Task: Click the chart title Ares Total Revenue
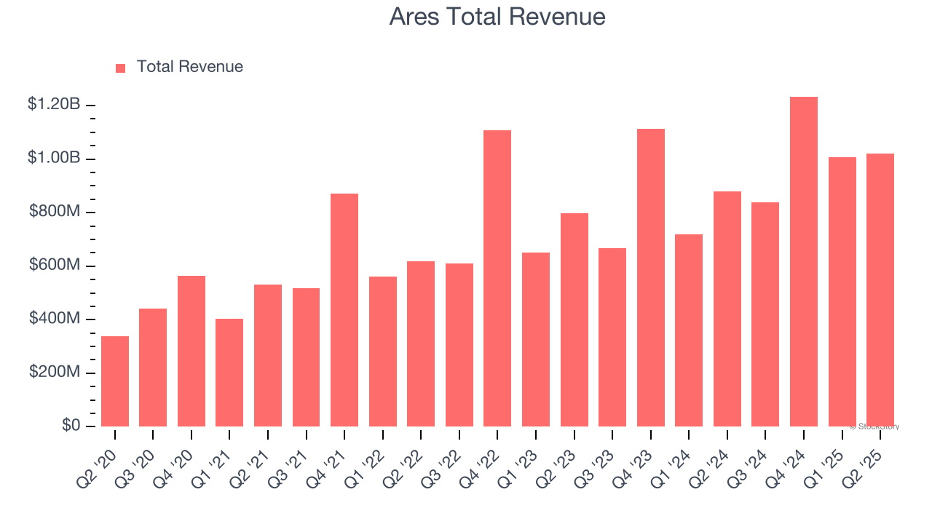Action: (x=497, y=16)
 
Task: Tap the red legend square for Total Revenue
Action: (x=121, y=68)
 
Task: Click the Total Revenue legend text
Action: (x=189, y=67)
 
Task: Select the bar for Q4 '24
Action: (x=804, y=262)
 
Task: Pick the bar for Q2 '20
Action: (x=115, y=381)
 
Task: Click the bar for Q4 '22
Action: (x=497, y=279)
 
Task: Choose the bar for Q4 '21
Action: (x=344, y=310)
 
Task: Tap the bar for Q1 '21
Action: (x=229, y=373)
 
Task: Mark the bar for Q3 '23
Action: (x=612, y=337)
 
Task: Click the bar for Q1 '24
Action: (x=689, y=330)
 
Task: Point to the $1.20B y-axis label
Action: (x=54, y=105)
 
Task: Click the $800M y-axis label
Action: (x=55, y=212)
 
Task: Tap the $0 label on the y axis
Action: (x=70, y=426)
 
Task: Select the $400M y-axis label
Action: (x=55, y=319)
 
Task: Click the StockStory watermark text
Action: (x=874, y=426)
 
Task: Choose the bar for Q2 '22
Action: (x=421, y=344)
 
